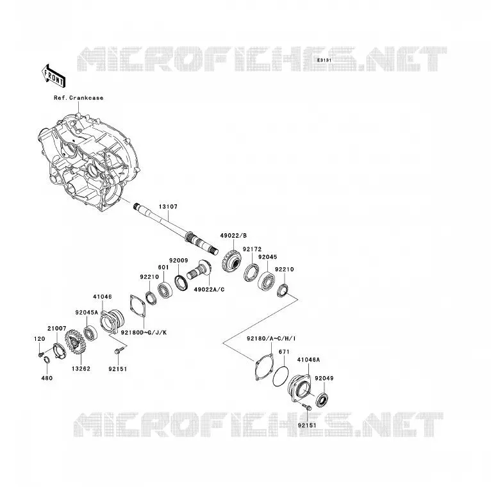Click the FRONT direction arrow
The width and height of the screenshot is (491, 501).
[x=54, y=76]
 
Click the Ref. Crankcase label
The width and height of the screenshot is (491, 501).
[x=79, y=98]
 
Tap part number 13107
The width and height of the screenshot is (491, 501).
[x=168, y=207]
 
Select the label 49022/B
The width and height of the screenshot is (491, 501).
[x=233, y=236]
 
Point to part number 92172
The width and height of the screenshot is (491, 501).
[x=252, y=249]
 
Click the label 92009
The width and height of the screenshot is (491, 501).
[x=179, y=260]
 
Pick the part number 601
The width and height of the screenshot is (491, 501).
[x=163, y=267]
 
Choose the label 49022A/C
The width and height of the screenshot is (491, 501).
[x=209, y=290]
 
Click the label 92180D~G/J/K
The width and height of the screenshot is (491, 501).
[x=144, y=333]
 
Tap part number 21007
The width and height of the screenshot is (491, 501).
[x=57, y=329]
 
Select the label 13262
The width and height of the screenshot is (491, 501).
[x=81, y=368]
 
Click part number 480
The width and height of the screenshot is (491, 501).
[x=47, y=378]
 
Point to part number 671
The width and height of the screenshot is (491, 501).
[x=284, y=352]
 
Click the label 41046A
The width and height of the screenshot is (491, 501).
[x=308, y=360]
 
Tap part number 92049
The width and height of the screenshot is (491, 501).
[x=324, y=378]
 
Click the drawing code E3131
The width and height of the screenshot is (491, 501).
[x=324, y=60]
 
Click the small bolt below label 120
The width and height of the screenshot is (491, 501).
[x=40, y=355]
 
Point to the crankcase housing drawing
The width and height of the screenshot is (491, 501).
[x=89, y=162]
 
